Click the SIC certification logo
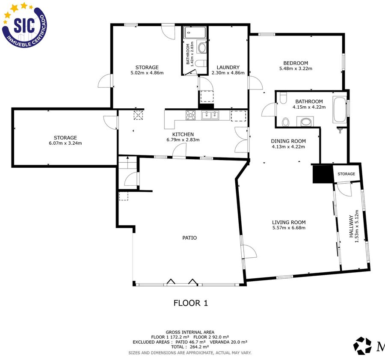(x=24, y=25)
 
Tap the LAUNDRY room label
(x=228, y=67)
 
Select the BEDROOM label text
(x=296, y=63)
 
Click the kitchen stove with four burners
(x=191, y=115)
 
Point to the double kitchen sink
(x=210, y=115)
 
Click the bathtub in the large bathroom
(x=340, y=110)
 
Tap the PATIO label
(x=190, y=238)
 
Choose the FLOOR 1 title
(x=190, y=303)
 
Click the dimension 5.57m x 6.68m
(x=289, y=228)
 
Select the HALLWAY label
(x=351, y=226)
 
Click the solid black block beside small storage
(x=323, y=174)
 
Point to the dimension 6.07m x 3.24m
(x=65, y=143)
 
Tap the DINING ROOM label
(x=288, y=141)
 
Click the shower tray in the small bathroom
(x=195, y=33)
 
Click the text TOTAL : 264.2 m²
(x=190, y=347)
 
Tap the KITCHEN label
(x=183, y=134)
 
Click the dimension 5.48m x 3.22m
(x=296, y=69)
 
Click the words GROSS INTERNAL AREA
(x=190, y=332)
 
